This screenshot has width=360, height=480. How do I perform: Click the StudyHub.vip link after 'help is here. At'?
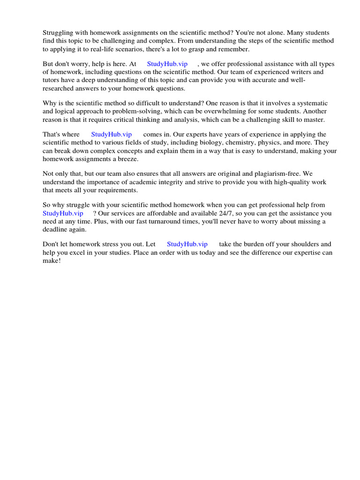click(x=167, y=64)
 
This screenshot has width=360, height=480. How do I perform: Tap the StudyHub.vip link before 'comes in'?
click(x=112, y=135)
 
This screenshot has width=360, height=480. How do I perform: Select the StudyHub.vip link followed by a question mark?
click(x=63, y=213)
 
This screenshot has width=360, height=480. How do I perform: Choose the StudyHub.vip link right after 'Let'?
click(x=187, y=244)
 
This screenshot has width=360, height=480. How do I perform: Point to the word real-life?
click(x=112, y=49)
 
